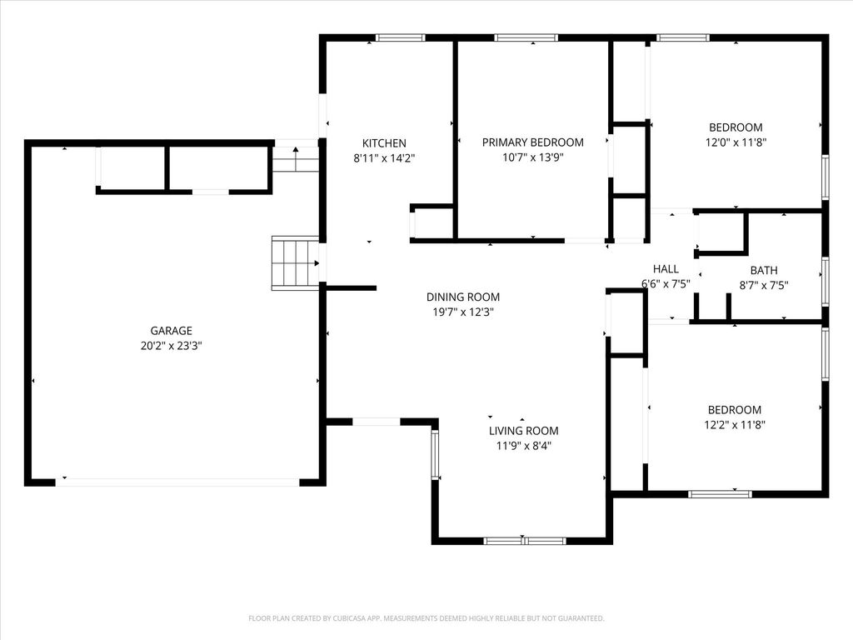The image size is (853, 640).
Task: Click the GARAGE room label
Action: (172, 330)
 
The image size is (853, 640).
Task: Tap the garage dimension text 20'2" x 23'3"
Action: (172, 346)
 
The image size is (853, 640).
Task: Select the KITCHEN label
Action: (384, 143)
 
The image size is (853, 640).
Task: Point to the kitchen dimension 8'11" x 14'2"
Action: (384, 158)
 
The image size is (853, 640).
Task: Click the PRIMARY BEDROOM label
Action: (532, 142)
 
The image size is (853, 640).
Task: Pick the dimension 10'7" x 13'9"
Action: (532, 157)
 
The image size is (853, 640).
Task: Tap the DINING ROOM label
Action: (463, 297)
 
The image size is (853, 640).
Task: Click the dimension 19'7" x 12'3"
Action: (463, 312)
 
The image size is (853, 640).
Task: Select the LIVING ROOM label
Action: (523, 431)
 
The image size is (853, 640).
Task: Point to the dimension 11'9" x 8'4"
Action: (523, 447)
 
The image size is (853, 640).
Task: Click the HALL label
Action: (666, 269)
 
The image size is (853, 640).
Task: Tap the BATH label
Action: (764, 270)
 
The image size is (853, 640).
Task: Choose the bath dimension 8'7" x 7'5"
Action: (764, 285)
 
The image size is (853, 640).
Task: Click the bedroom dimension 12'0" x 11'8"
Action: (736, 142)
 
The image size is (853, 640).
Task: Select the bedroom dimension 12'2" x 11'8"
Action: (735, 425)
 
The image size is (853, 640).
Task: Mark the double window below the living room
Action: (525, 540)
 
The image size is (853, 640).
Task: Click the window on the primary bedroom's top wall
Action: (526, 37)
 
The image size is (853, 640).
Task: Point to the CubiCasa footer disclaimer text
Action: (426, 618)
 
